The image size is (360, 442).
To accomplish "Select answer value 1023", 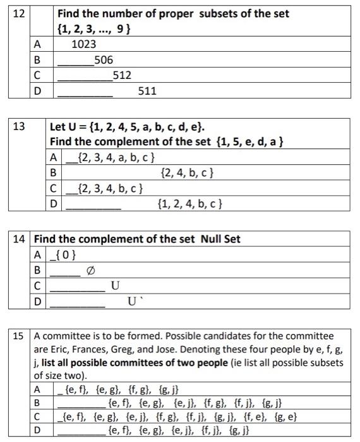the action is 84,44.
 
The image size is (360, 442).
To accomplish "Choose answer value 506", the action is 103,60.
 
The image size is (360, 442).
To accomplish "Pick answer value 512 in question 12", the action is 122,76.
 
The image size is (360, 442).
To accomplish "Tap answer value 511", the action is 147,92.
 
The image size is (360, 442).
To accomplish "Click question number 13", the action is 19,126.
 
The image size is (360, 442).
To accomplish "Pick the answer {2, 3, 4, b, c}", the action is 109,188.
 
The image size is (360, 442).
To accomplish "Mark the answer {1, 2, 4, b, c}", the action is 188,204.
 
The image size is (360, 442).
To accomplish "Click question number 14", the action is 20,239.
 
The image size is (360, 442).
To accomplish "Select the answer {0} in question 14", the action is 66,254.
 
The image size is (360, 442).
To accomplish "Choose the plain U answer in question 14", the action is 115,286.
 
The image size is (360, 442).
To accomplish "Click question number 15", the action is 20,337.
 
